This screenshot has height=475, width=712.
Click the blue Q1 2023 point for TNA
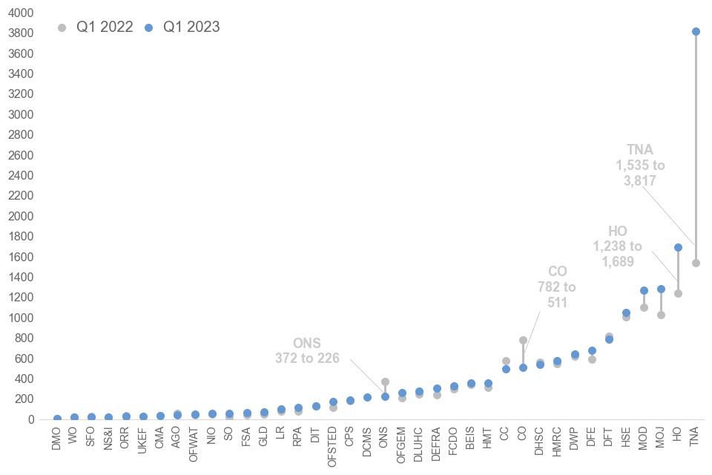[696, 31]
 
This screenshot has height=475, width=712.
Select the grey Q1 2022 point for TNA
[696, 263]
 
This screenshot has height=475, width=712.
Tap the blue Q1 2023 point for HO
[678, 247]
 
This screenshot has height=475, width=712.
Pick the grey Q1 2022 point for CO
[523, 340]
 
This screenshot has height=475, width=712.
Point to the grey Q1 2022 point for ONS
[385, 381]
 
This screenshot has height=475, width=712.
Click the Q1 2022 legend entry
[96, 27]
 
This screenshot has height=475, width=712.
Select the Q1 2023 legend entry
[182, 27]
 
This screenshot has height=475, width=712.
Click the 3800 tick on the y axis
[21, 33]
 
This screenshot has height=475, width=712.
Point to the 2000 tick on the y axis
[21, 216]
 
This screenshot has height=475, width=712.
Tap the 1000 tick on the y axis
[21, 318]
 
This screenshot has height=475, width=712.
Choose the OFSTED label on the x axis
[333, 445]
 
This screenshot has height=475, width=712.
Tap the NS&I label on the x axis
[109, 441]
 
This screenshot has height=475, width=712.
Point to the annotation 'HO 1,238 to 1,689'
[617, 246]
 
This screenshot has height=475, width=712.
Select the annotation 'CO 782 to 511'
[557, 286]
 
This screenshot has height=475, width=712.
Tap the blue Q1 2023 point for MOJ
[661, 289]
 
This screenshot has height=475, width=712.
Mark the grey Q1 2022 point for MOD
[644, 307]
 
